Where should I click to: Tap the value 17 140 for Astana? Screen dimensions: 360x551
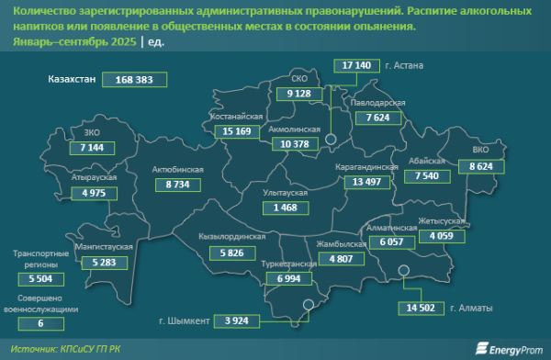[354, 65]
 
